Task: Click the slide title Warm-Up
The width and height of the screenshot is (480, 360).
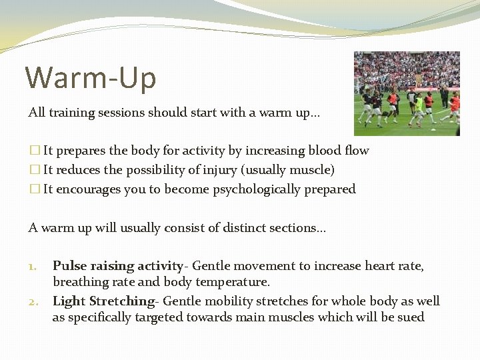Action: pos(91,77)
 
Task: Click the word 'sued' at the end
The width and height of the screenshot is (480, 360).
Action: pos(411,317)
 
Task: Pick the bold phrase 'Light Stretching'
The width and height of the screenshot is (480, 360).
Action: pos(103,301)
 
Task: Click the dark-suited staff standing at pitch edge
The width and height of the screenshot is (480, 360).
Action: pos(445,96)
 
